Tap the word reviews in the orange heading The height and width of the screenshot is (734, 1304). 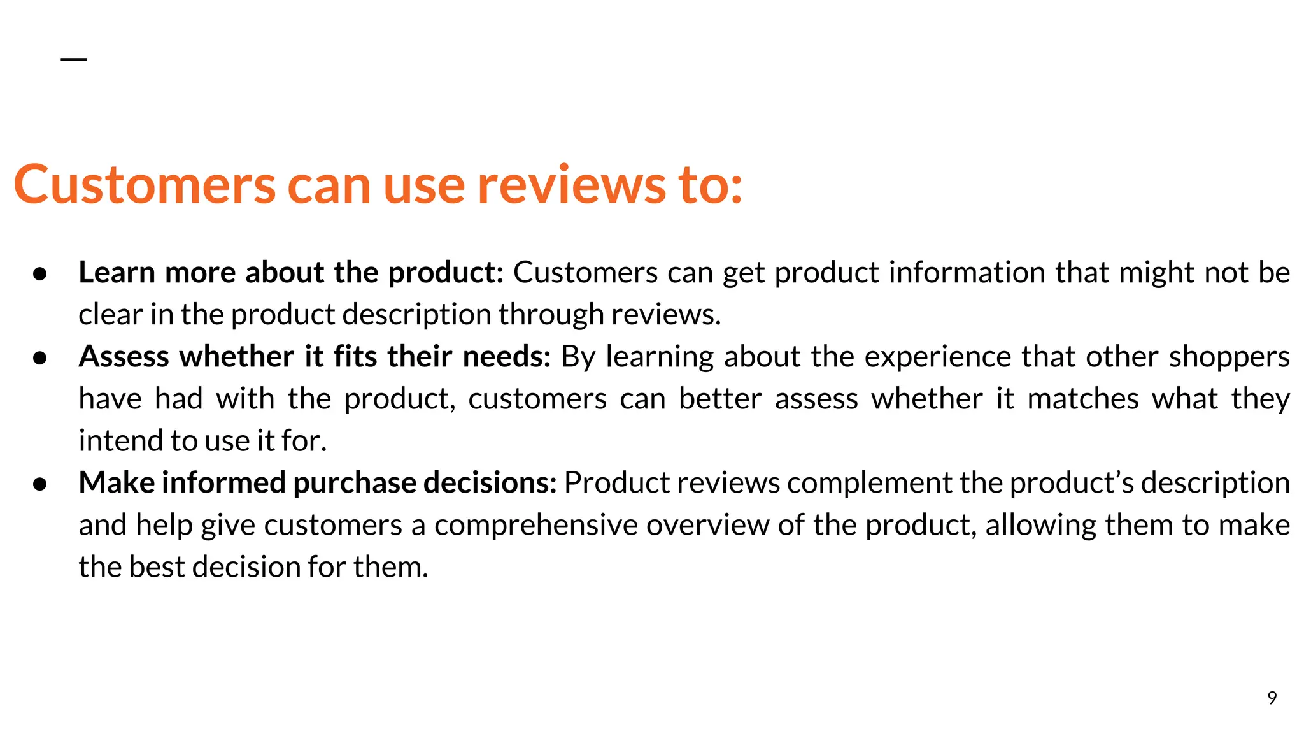click(x=571, y=185)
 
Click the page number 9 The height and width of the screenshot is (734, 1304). click(x=1272, y=698)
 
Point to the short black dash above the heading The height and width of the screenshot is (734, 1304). click(x=74, y=59)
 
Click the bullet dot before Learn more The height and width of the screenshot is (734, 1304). click(x=40, y=274)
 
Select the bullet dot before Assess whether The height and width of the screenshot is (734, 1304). click(x=40, y=358)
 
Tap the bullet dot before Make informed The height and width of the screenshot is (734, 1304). click(x=40, y=484)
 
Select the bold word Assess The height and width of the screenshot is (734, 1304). click(x=124, y=357)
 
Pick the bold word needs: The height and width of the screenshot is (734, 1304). click(x=506, y=357)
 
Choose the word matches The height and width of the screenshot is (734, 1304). click(x=1082, y=399)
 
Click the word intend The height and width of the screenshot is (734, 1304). click(x=120, y=441)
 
